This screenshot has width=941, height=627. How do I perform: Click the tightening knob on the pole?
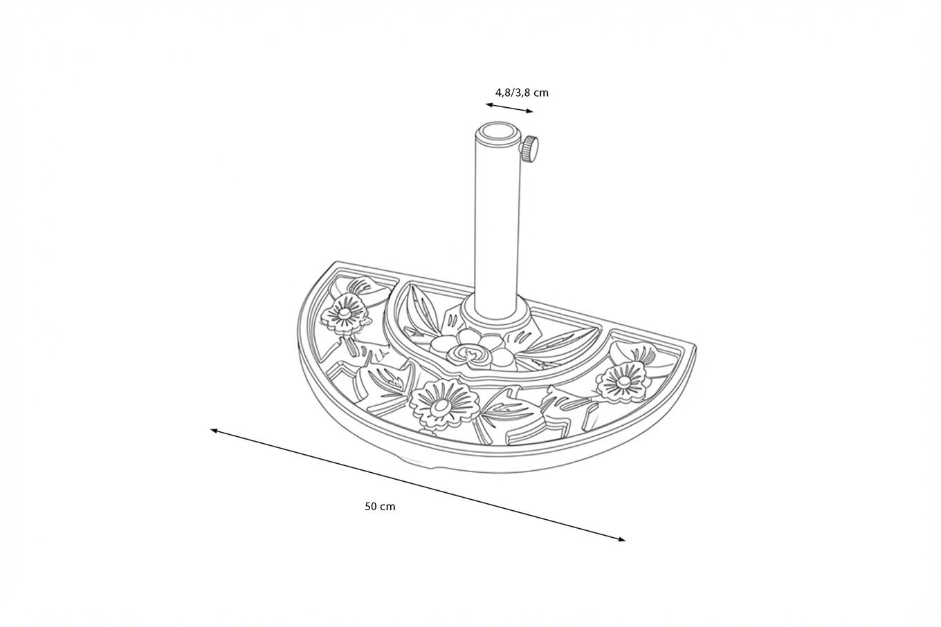tap(531, 147)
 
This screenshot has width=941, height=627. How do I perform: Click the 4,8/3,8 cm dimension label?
tap(522, 92)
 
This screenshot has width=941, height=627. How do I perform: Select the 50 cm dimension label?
tap(380, 506)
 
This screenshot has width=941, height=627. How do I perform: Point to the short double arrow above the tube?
tap(509, 107)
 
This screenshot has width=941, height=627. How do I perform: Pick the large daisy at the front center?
tap(438, 407)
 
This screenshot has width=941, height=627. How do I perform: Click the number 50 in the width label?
tap(371, 506)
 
